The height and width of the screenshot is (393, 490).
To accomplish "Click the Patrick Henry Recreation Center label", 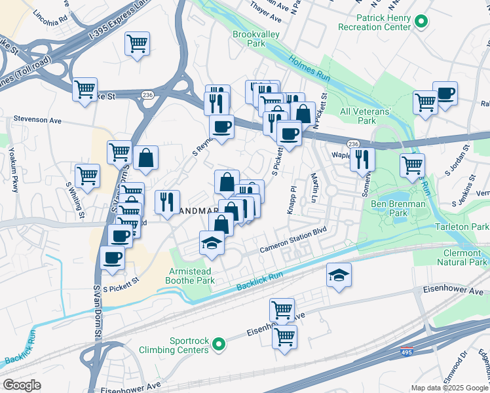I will click(375, 22).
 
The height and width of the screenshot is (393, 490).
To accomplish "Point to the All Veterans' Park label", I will click(367, 117).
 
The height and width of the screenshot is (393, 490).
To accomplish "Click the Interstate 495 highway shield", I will click(407, 353).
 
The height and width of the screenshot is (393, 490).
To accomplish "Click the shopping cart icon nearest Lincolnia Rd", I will click(138, 44).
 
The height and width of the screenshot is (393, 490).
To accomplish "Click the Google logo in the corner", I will click(22, 385).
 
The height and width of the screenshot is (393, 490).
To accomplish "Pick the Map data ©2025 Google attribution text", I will click(449, 388).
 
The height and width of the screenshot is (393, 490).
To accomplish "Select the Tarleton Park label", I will click(462, 227).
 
